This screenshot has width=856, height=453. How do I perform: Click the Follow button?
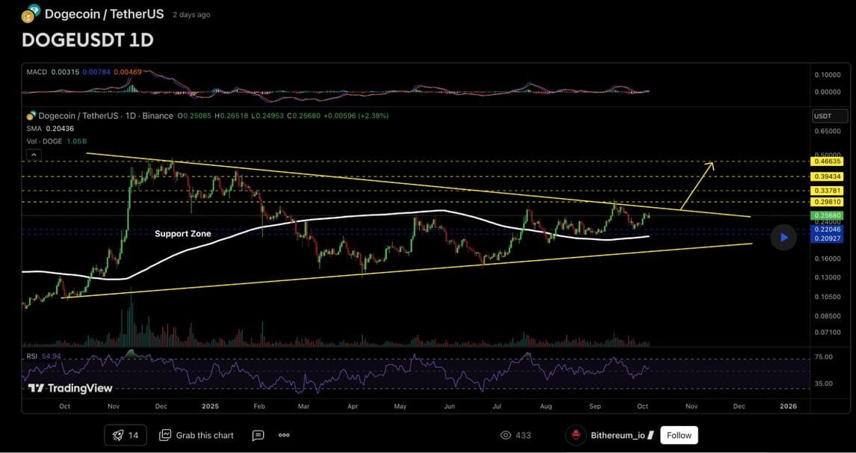pos(679,435)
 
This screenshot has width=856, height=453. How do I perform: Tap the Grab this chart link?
pos(196,435)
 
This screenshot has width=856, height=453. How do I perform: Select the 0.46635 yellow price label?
pos(829,161)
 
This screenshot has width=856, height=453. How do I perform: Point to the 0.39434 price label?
pos(829,176)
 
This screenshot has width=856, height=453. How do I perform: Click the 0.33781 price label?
pos(829,191)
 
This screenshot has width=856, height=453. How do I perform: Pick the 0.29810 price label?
pos(829,202)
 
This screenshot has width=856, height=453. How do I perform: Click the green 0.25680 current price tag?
pos(829,215)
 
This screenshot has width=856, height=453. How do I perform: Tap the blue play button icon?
pos(784,238)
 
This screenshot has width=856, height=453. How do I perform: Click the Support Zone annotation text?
pos(183,234)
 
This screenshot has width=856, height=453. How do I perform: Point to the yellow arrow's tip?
pos(712,163)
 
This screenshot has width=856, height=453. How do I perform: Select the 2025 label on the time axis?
pos(210,407)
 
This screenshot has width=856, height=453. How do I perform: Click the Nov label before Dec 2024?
pos(114,407)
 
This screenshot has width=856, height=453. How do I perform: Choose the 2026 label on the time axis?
pos(788,407)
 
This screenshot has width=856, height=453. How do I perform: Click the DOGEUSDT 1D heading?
pos(87,40)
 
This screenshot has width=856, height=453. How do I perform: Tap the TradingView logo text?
pos(70,388)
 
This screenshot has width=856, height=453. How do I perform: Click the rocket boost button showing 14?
pos(125,435)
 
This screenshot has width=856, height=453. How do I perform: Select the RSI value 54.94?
pos(51,357)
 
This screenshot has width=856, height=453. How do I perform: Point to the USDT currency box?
pos(829,116)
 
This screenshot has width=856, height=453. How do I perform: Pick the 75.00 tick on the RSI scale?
pos(823,357)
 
